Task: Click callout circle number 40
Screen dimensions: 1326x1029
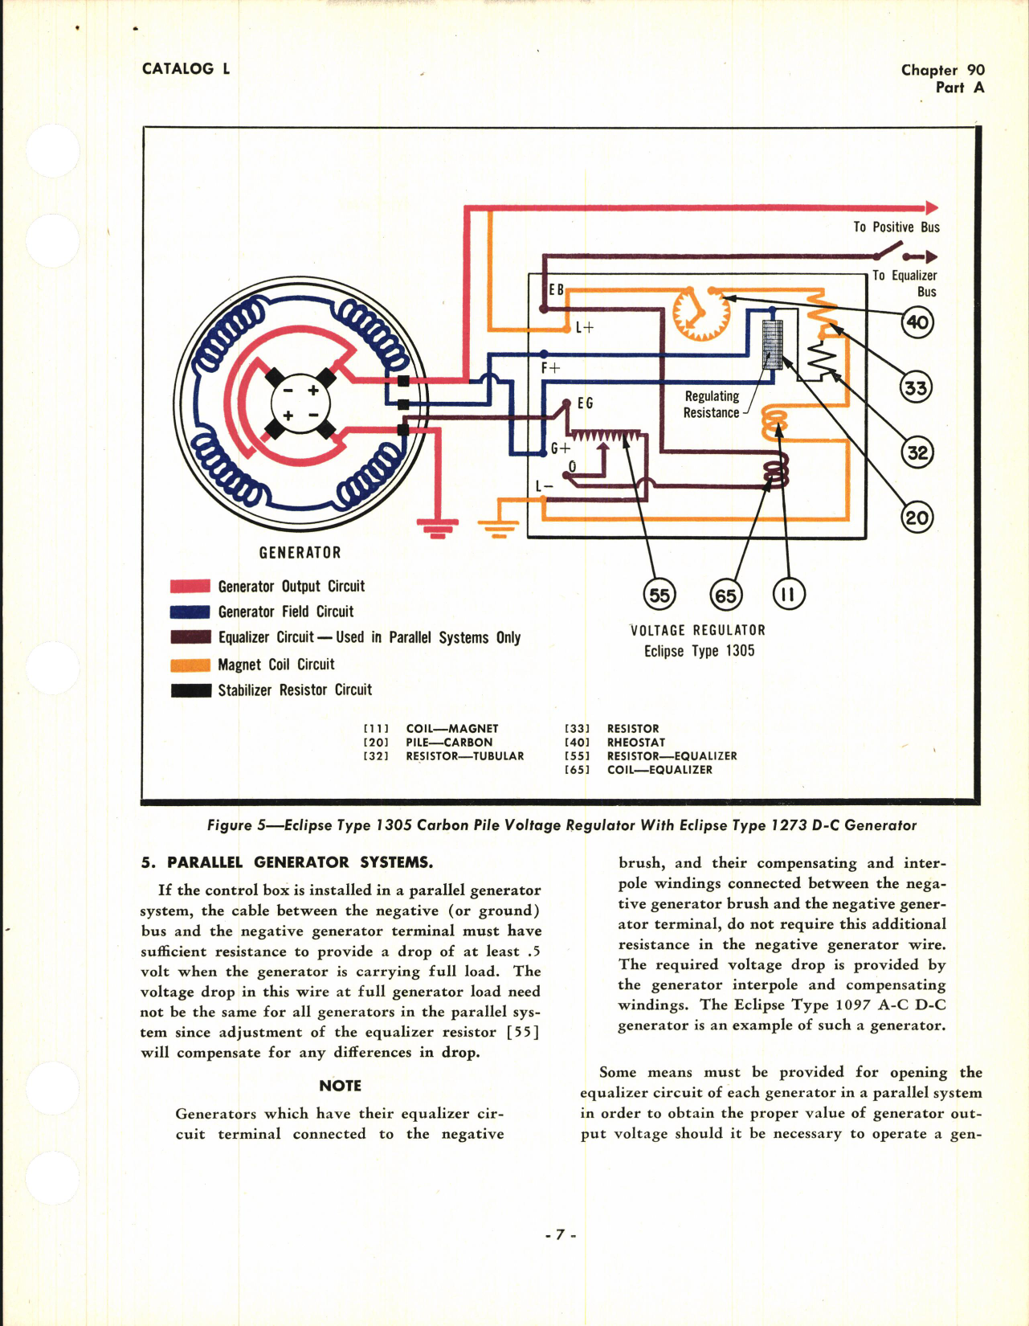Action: tap(917, 322)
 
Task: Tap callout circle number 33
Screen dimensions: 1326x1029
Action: tap(916, 388)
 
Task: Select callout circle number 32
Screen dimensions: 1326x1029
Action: tap(917, 452)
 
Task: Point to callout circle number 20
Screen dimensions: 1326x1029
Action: tap(917, 518)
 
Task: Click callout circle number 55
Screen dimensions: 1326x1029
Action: tap(659, 595)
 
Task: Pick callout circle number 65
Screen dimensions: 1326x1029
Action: tap(725, 595)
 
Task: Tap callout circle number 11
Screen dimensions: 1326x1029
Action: tap(788, 595)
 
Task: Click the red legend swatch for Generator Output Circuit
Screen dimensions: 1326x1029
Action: tap(190, 586)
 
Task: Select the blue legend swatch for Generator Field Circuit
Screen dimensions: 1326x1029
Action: tap(190, 612)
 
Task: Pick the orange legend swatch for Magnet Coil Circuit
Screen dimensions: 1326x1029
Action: tap(190, 665)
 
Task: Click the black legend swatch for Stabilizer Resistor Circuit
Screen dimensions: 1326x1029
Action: tap(190, 690)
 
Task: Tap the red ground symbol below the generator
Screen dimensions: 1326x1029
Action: tap(438, 528)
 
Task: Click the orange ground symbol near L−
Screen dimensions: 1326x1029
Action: tap(498, 528)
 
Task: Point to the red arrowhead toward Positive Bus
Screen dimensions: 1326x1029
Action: tap(931, 208)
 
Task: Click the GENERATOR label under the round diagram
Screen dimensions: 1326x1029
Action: tap(300, 553)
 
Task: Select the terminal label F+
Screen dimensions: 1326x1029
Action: tap(551, 368)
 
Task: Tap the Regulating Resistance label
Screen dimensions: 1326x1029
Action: tap(712, 404)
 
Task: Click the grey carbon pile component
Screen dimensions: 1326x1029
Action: tap(772, 345)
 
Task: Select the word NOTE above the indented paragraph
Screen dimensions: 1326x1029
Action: tap(340, 1086)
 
